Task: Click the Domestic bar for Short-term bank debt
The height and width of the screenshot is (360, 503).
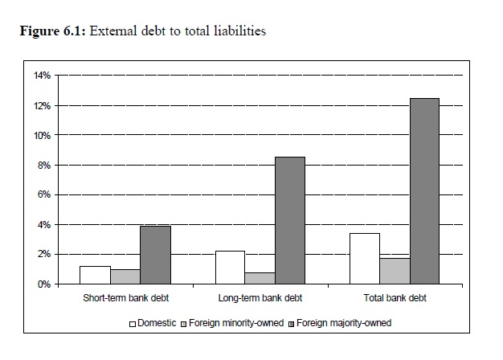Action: pos(95,275)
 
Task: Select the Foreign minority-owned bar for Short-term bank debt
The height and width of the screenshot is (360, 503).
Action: pos(125,276)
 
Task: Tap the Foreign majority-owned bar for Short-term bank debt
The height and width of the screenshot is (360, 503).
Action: pos(155,255)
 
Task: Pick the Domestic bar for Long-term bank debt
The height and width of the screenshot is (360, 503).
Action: pos(231,268)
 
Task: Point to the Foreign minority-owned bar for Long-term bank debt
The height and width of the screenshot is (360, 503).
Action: pos(260,278)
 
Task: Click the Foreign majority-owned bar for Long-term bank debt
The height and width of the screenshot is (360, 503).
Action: pos(290,220)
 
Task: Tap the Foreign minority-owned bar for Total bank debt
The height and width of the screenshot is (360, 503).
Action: pos(395,271)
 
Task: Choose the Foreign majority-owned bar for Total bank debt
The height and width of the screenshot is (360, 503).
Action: pos(425,190)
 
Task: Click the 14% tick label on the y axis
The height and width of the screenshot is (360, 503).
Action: pos(41,76)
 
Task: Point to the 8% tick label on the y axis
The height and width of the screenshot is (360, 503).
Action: pos(43,165)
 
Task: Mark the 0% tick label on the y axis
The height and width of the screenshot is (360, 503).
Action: pos(43,284)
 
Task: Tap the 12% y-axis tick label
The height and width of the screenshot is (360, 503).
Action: pos(41,105)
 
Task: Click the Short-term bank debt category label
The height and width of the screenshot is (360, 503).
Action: pos(125,298)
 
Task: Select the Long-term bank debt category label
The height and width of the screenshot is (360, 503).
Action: pos(260,298)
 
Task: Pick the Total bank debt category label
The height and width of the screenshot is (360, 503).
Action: pos(395,298)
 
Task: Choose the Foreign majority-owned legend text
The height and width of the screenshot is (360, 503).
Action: pos(346,323)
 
